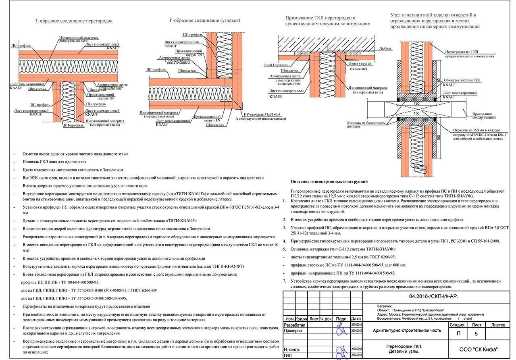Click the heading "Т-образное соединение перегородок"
(x=74, y=21)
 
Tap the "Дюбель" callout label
(x=385, y=48)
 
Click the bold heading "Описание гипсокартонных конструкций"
(x=329, y=182)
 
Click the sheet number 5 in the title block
(x=476, y=334)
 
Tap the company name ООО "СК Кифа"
(x=479, y=349)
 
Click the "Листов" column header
(x=498, y=325)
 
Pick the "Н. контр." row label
(x=291, y=350)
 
